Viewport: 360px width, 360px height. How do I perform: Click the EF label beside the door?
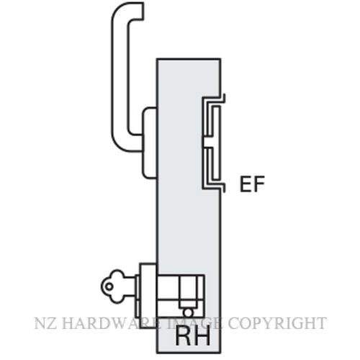[252, 184]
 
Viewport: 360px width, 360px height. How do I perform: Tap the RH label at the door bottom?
[193, 336]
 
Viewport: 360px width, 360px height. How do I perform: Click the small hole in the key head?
[109, 287]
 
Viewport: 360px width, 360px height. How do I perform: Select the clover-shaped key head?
[113, 287]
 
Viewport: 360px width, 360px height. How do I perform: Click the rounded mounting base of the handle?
[150, 143]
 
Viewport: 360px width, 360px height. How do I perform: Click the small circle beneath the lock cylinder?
[188, 312]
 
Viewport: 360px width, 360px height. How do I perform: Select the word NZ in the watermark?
[43, 323]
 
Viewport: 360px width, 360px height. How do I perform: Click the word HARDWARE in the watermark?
[106, 323]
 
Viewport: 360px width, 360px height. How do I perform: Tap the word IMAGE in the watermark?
[194, 323]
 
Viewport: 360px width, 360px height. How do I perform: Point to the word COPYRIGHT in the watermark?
[277, 323]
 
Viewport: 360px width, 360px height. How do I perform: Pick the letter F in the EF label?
[259, 184]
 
